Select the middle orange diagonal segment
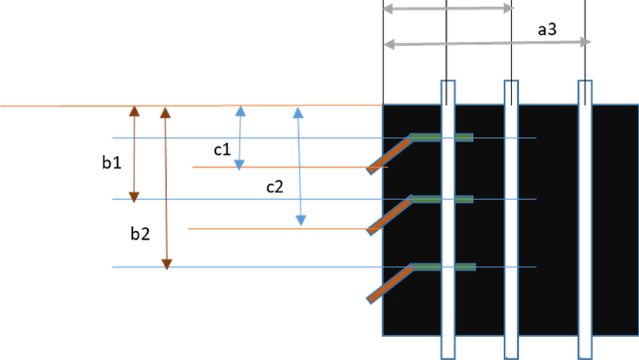(x=389, y=215)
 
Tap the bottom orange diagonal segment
(x=389, y=283)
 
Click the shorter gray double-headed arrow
(x=448, y=9)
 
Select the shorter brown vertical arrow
(x=134, y=154)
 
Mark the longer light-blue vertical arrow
(x=299, y=167)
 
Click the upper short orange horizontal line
(x=277, y=167)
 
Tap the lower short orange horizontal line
(x=277, y=228)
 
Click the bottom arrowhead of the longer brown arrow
(x=167, y=263)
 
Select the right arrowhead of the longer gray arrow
(x=586, y=42)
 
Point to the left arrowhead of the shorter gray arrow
(x=388, y=9)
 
